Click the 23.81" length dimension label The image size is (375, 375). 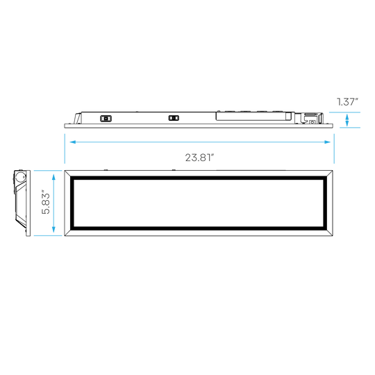[199, 158]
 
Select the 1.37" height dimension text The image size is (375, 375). [347, 102]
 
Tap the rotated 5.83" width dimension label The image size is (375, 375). [46, 202]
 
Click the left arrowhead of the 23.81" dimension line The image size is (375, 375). [72, 142]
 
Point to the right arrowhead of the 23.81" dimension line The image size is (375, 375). [327, 142]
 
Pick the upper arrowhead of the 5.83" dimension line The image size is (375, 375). [53, 177]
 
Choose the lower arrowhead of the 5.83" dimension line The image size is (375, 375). [53, 229]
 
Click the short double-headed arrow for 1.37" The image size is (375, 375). [347, 120]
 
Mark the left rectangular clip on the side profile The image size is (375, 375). [106, 118]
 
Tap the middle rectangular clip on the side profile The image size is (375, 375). [174, 118]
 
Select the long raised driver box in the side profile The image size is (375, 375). [255, 116]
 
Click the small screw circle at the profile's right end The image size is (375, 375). [312, 122]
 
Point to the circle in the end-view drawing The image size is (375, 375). [19, 177]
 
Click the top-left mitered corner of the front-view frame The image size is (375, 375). [67, 174]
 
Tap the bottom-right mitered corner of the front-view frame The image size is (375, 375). [329, 233]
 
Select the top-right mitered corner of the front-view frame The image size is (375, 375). [329, 174]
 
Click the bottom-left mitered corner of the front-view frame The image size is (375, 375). [67, 233]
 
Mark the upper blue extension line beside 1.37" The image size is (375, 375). [344, 112]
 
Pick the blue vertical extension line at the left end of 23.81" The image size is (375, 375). [65, 149]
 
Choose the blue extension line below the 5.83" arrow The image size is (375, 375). [48, 235]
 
